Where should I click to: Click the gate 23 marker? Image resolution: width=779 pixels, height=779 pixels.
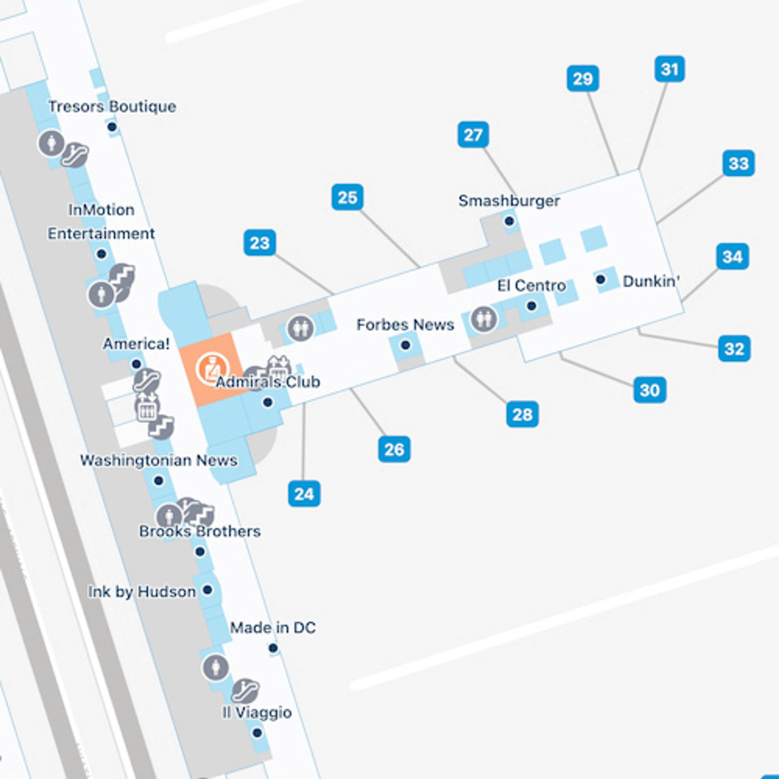click(260, 243)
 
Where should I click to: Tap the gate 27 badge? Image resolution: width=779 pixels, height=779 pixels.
click(473, 135)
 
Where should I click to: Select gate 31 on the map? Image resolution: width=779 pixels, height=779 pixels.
click(669, 69)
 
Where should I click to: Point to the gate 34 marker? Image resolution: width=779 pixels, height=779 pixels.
click(732, 256)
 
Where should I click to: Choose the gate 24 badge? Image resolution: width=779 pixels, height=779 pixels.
click(304, 494)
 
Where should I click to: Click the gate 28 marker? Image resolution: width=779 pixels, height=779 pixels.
click(522, 414)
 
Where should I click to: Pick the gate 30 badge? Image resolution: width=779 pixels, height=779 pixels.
click(650, 390)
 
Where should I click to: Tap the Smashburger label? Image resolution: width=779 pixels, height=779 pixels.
click(509, 201)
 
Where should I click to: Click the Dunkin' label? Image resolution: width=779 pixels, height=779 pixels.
click(651, 281)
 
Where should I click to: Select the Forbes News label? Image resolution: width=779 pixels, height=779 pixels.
click(405, 325)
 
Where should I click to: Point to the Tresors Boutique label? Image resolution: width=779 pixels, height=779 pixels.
click(112, 107)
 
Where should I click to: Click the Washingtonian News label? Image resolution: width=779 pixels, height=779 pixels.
click(159, 461)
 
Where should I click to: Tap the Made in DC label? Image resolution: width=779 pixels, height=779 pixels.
click(273, 628)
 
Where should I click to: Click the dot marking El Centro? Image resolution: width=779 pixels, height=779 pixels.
click(532, 306)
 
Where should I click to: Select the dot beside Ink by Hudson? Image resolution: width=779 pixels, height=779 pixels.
click(207, 590)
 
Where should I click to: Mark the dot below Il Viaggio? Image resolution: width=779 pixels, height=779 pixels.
click(257, 733)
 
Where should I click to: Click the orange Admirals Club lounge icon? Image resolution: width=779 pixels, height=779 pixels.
click(212, 369)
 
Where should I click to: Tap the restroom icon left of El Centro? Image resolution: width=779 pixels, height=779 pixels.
click(484, 319)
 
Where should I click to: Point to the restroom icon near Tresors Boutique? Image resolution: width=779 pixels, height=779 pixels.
click(51, 142)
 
